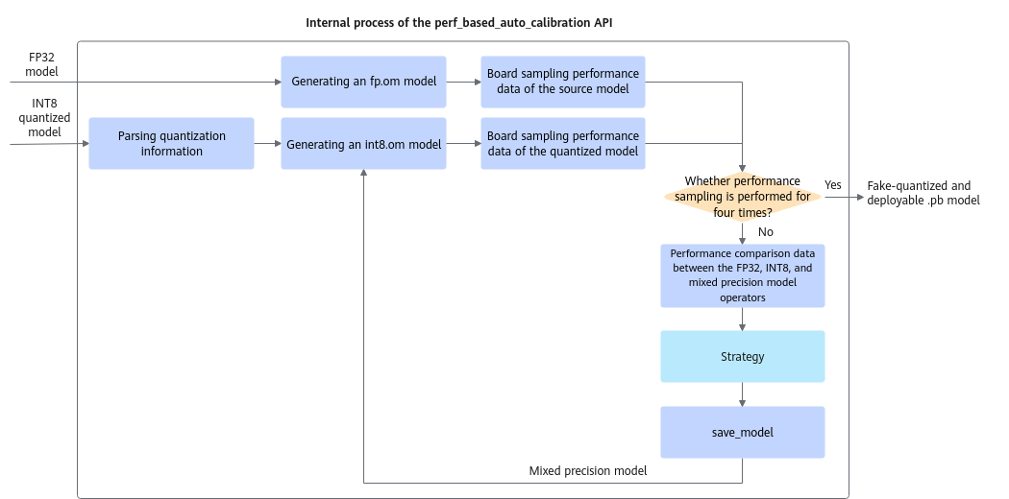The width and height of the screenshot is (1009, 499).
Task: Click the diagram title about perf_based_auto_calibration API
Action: (458, 22)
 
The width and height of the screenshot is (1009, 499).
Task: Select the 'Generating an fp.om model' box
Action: (363, 82)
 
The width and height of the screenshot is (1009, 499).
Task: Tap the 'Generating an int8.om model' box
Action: (363, 144)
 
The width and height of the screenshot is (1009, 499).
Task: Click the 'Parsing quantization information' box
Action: (172, 144)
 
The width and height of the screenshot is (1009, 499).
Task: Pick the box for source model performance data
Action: (563, 82)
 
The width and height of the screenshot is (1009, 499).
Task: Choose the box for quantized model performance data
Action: (563, 144)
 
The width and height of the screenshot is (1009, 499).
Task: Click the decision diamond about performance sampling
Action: (743, 197)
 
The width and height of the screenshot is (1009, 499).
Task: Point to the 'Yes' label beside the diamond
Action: (833, 185)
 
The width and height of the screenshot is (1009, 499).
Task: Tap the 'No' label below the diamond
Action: (766, 232)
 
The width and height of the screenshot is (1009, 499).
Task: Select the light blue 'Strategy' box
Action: (743, 356)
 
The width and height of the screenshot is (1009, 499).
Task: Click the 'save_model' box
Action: (743, 432)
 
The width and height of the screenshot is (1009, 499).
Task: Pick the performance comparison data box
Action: (743, 275)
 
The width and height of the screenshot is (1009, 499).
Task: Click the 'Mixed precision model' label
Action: (587, 471)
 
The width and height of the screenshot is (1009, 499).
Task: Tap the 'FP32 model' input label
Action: (42, 64)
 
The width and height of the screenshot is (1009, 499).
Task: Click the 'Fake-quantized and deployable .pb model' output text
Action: (923, 193)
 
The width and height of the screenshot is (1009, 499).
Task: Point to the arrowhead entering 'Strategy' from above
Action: (743, 327)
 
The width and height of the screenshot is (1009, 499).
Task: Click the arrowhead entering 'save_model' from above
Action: (743, 403)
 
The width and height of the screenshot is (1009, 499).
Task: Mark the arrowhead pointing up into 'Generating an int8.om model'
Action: (363, 174)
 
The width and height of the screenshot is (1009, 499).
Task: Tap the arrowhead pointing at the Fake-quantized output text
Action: (860, 197)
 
